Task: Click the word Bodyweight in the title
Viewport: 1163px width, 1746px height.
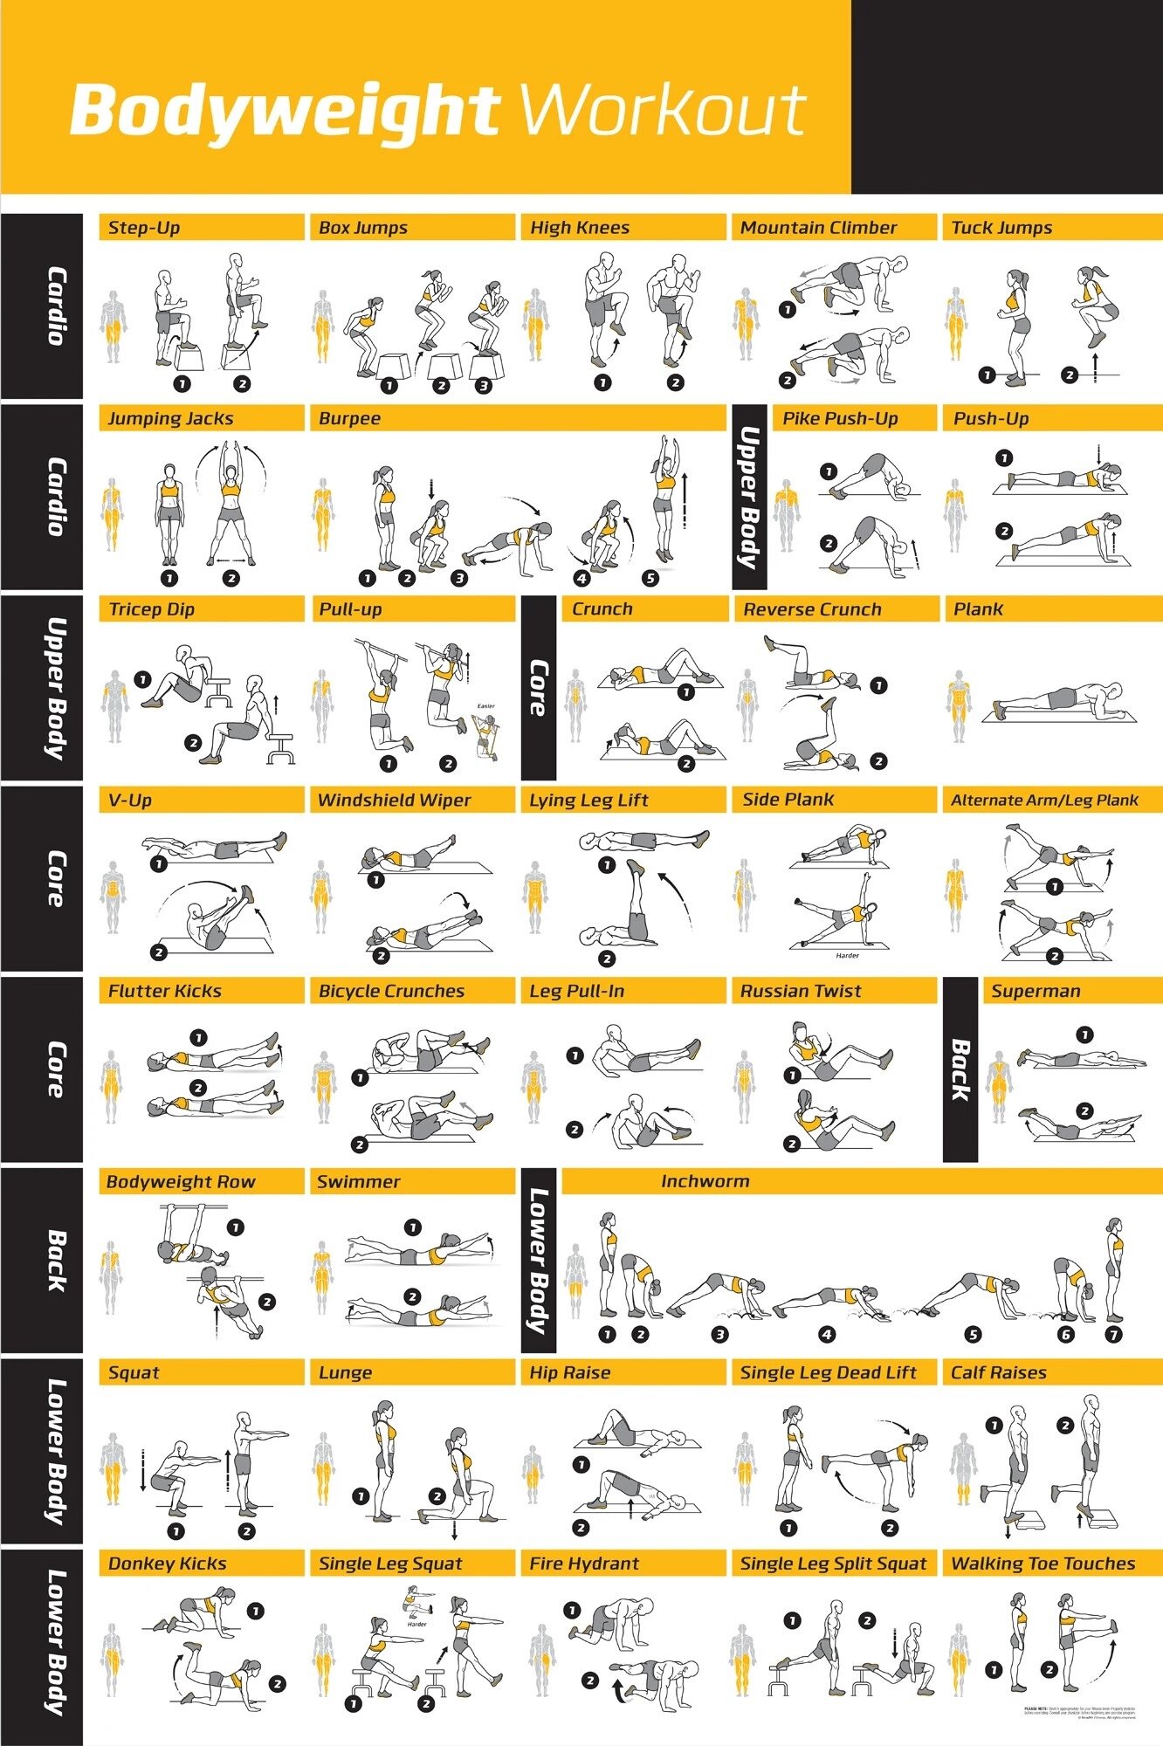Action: [284, 112]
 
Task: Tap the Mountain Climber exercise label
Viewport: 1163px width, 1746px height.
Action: [818, 228]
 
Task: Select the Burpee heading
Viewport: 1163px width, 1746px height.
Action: [349, 418]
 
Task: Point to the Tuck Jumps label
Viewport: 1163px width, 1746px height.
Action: [1001, 228]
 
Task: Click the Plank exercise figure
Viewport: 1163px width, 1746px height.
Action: [1059, 699]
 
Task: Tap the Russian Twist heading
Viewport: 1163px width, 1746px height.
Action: [801, 991]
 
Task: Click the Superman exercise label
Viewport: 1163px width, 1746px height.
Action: [1036, 991]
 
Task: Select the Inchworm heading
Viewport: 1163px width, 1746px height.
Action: [705, 1181]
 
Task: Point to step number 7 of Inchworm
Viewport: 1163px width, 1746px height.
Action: [1113, 1335]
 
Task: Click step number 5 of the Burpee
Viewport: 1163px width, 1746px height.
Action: [650, 578]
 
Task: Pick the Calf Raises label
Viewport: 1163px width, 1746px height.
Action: [998, 1372]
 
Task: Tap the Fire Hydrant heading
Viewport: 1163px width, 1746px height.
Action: [584, 1564]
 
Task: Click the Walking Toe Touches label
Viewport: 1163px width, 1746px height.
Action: [1043, 1564]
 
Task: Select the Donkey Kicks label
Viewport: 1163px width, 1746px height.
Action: [167, 1564]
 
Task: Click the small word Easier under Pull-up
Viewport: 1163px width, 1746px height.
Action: [485, 706]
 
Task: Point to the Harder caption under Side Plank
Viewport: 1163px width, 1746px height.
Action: [847, 956]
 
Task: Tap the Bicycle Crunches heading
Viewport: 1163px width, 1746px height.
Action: [391, 991]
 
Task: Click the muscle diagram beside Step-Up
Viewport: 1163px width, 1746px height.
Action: [113, 327]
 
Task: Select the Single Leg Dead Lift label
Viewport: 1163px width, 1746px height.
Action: [828, 1372]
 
